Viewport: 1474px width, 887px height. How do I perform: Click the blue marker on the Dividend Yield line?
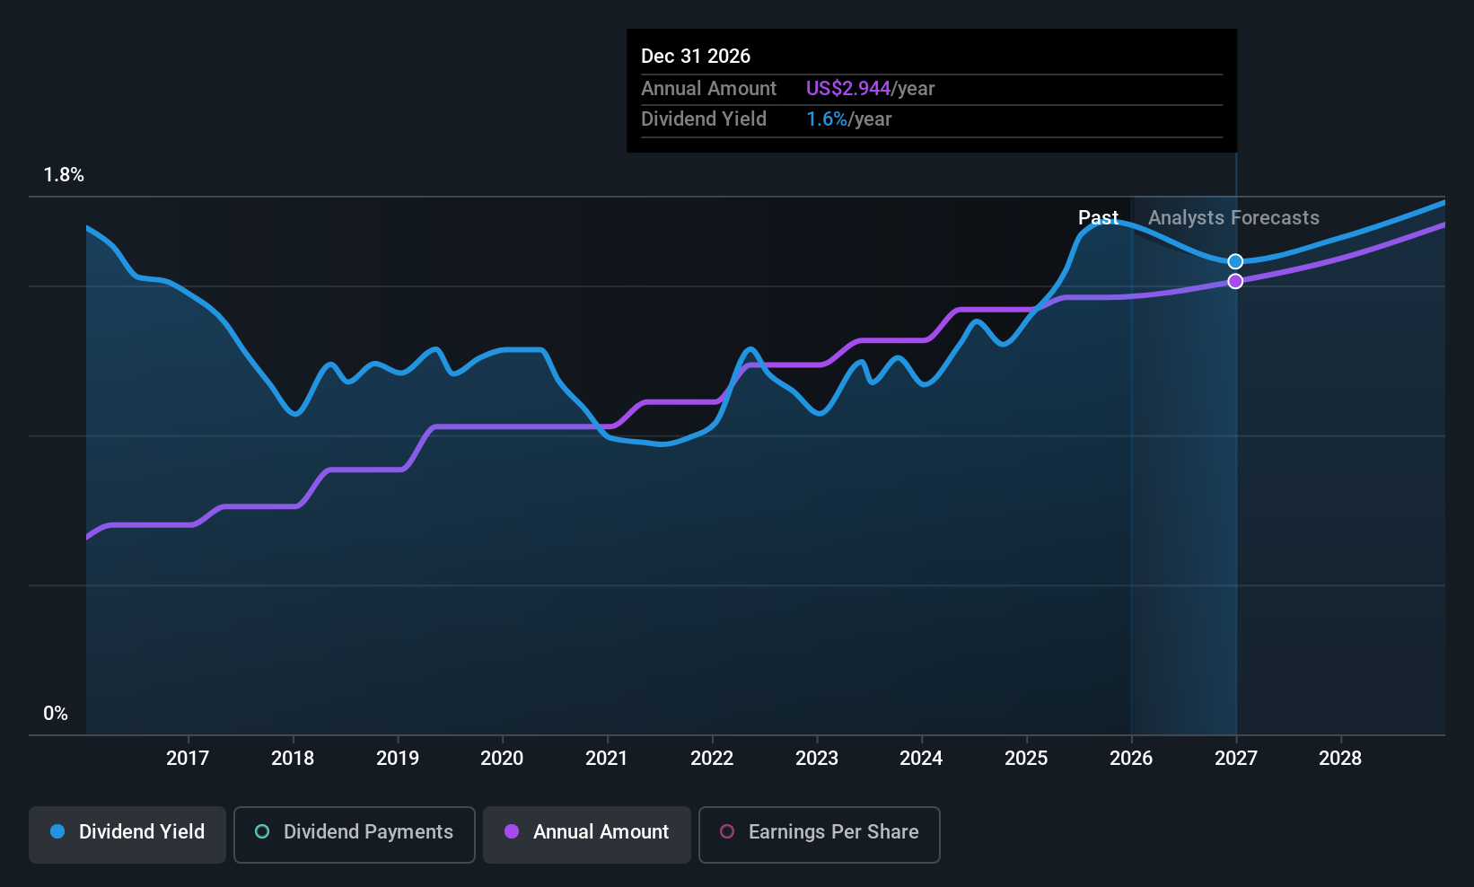[1235, 262]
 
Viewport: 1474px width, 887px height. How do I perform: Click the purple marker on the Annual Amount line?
[1235, 282]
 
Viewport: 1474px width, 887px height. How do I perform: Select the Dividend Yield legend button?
[127, 834]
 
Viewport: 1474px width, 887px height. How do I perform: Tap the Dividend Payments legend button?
[354, 834]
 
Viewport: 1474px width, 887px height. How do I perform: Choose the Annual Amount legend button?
[587, 834]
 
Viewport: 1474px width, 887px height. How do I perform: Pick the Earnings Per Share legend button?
[820, 834]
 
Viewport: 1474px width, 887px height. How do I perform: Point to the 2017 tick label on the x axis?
[188, 759]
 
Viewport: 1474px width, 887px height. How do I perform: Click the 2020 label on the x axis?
[502, 759]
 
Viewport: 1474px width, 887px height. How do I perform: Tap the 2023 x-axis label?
[817, 759]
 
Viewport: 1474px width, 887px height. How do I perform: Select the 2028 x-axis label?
[1340, 759]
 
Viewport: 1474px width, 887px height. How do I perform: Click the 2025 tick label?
[1027, 759]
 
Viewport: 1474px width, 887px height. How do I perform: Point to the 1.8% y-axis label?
[64, 175]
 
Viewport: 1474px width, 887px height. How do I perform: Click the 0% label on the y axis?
[56, 714]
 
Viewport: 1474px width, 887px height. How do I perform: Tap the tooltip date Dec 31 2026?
[696, 57]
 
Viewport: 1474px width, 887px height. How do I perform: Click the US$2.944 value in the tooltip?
[848, 89]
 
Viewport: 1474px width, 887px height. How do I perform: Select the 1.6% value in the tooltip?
[827, 119]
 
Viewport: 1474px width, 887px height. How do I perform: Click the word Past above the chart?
[1098, 218]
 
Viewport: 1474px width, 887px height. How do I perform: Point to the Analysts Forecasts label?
[1233, 218]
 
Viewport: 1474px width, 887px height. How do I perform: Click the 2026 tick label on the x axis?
[1131, 759]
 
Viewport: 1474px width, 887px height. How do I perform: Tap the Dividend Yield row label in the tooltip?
[704, 119]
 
